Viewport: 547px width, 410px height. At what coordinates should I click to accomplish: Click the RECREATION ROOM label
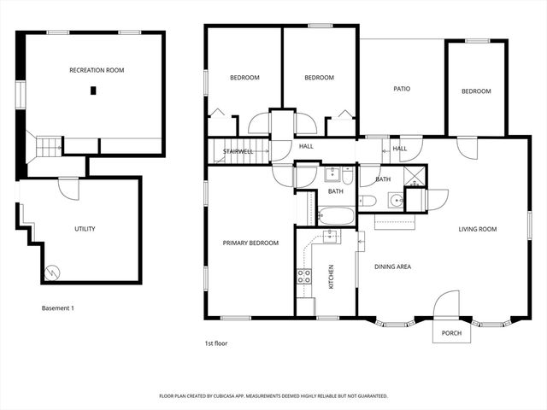[x=91, y=70]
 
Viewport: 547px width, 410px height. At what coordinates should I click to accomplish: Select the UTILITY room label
[x=85, y=229]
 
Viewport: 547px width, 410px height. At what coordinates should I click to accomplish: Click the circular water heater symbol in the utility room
[x=54, y=272]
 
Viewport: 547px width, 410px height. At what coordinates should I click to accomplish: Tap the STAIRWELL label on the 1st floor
[x=238, y=151]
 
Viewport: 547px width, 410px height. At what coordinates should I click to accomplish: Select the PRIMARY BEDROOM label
[x=250, y=243]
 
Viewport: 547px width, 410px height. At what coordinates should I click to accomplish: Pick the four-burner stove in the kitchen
[x=303, y=276]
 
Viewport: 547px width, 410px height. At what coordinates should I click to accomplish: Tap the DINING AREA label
[x=393, y=267]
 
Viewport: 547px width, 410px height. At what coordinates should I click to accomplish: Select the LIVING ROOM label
[x=478, y=229]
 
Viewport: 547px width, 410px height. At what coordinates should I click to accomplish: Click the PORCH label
[x=451, y=333]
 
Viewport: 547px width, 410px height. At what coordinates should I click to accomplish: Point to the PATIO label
[x=403, y=88]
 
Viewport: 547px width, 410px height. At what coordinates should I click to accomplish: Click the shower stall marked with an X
[x=415, y=178]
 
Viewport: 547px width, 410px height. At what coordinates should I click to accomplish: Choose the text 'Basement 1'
[x=58, y=307]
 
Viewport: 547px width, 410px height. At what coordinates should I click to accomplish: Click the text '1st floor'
[x=215, y=343]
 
